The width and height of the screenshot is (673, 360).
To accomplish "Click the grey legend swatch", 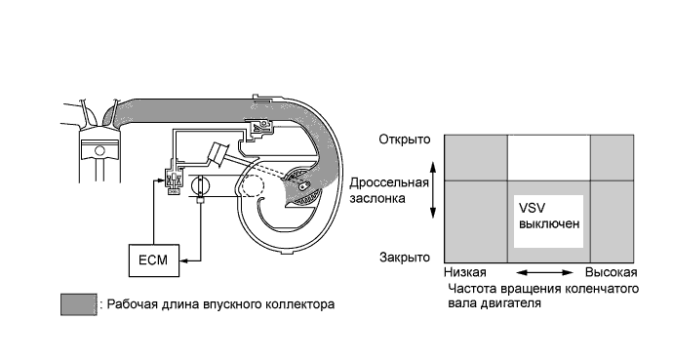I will point(77,303).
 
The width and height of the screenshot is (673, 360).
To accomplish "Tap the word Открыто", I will point(405,140).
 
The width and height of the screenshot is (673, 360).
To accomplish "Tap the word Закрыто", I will point(405,258).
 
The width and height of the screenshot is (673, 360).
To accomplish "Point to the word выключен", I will point(546,224).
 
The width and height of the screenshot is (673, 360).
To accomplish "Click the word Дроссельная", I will point(388,182).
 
